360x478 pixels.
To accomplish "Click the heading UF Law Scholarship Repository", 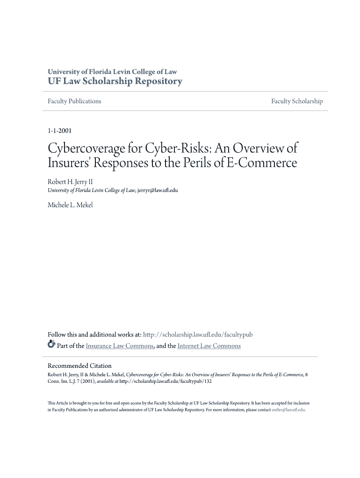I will pyautogui.click(x=115, y=82).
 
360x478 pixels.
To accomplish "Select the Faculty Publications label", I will pyautogui.click(x=74, y=101).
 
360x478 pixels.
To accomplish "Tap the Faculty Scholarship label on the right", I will pyautogui.click(x=297, y=101).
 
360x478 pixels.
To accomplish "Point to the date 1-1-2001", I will pyautogui.click(x=59, y=131).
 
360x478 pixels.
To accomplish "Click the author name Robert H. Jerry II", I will pyautogui.click(x=67, y=181).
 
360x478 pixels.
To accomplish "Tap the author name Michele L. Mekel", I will pyautogui.click(x=70, y=205).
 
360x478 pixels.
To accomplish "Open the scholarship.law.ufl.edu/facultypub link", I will pyautogui.click(x=197, y=335).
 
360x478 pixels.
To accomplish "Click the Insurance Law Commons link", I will pyautogui.click(x=119, y=346).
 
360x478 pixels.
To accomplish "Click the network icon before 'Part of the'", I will pyautogui.click(x=51, y=345).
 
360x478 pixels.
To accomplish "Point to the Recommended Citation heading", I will pyautogui.click(x=79, y=366).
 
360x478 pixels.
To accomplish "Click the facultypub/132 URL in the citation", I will pyautogui.click(x=166, y=381).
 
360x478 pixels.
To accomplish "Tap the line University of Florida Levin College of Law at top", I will pyautogui.click(x=112, y=72).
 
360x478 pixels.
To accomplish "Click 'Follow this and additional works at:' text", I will pyautogui.click(x=94, y=335).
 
